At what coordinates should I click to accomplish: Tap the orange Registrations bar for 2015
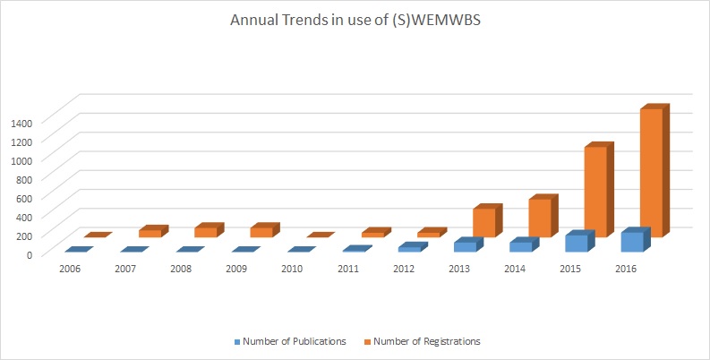click(595, 191)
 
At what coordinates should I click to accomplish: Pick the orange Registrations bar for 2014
click(539, 218)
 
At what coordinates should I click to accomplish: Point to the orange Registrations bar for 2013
click(483, 222)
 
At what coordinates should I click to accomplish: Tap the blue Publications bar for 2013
click(465, 246)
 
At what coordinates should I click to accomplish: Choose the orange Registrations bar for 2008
click(205, 232)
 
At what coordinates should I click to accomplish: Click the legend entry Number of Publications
click(291, 341)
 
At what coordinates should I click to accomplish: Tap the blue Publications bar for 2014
click(520, 246)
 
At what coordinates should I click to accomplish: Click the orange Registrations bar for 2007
click(150, 234)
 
